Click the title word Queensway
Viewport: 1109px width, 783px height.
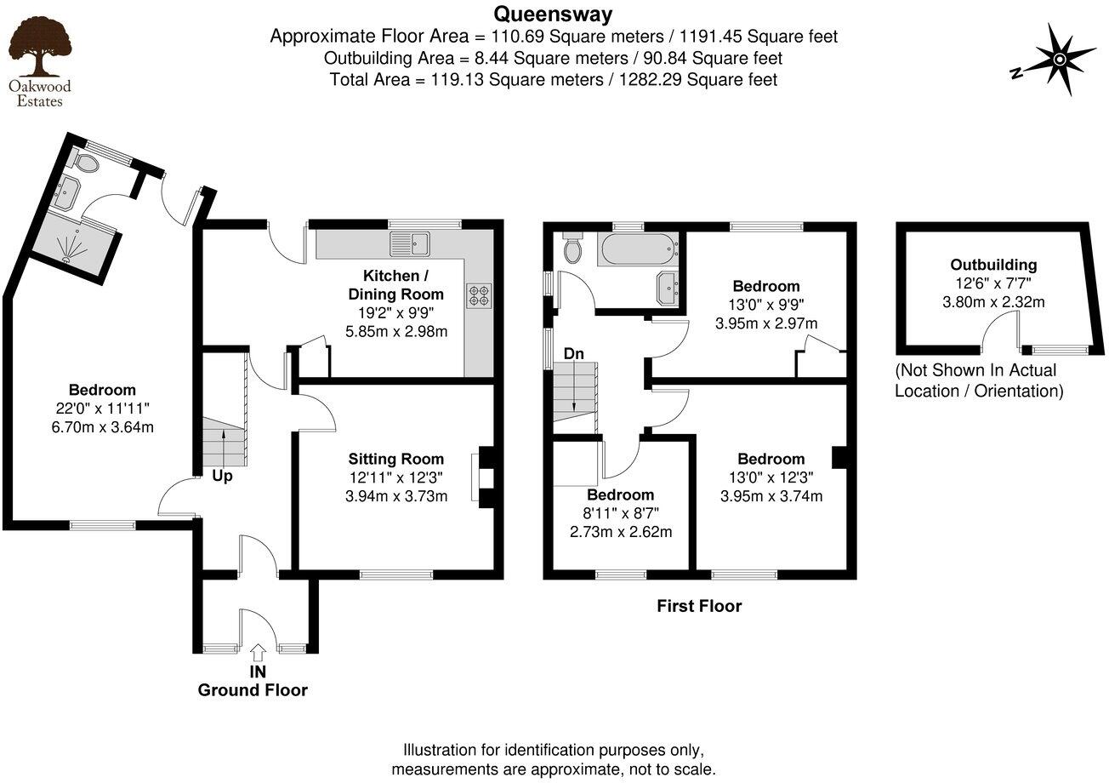[x=553, y=14]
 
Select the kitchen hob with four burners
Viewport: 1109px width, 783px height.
[x=480, y=296]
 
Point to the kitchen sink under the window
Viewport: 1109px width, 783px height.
[x=411, y=243]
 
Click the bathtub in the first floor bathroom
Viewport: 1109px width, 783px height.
[x=638, y=249]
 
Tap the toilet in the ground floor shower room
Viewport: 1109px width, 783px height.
[x=86, y=162]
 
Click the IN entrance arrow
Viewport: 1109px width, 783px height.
[x=258, y=653]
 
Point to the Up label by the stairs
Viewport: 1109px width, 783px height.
[x=222, y=477]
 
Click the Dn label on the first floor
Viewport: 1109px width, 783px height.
[x=574, y=354]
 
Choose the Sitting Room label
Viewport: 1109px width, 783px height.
[x=396, y=459]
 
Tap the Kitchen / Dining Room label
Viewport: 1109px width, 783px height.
[x=396, y=285]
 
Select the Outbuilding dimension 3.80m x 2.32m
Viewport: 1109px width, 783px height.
[x=993, y=302]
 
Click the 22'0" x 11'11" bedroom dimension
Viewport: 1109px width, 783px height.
[x=103, y=409]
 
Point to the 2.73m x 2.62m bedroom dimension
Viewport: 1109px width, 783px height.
[x=621, y=532]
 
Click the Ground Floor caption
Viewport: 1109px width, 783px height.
[x=253, y=690]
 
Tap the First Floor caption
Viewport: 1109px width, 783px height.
[x=699, y=606]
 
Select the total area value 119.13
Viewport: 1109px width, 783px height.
[x=457, y=79]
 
